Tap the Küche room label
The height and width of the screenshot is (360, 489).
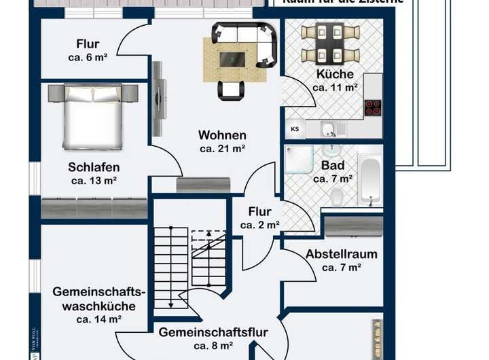pyautogui.click(x=335, y=75)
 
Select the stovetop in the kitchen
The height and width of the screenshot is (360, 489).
pyautogui.click(x=373, y=107)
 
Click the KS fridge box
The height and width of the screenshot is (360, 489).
pyautogui.click(x=295, y=128)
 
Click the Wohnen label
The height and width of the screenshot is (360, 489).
pyautogui.click(x=222, y=135)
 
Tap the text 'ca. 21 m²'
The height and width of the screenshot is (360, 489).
pyautogui.click(x=222, y=148)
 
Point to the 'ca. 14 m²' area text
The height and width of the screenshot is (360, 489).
pyautogui.click(x=99, y=319)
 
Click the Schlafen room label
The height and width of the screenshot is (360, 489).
pyautogui.click(x=94, y=167)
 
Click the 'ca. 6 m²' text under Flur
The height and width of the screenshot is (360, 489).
pyautogui.click(x=88, y=58)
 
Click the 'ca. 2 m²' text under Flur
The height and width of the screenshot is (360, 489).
pyautogui.click(x=260, y=225)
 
